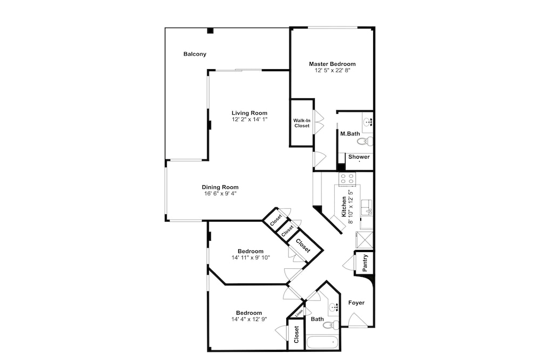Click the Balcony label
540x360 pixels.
[x=195, y=54]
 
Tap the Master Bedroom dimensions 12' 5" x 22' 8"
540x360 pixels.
[x=332, y=70]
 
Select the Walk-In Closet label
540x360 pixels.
[x=302, y=123]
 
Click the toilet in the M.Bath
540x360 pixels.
[x=364, y=141]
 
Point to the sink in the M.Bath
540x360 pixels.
[x=368, y=122]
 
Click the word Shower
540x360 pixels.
[x=359, y=157]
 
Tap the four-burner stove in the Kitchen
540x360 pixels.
[x=347, y=179]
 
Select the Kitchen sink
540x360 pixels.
[x=367, y=208]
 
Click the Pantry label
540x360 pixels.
[x=366, y=263]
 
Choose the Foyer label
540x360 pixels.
[x=356, y=303]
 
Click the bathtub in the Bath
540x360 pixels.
[x=322, y=343]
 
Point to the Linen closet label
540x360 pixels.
[x=299, y=313]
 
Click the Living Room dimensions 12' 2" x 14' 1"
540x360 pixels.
[x=249, y=119]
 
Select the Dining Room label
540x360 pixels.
[x=220, y=187]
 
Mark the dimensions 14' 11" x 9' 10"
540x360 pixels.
[x=251, y=257]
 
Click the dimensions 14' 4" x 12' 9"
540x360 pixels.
[x=249, y=319]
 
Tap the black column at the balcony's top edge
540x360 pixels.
[x=210, y=31]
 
